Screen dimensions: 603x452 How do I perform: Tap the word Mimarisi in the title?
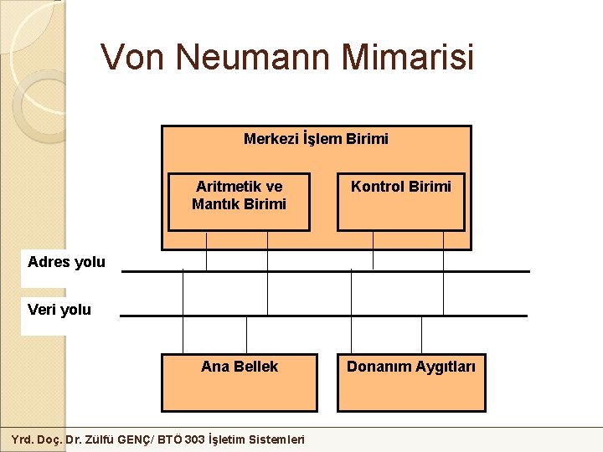409,57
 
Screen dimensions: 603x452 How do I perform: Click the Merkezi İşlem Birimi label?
316,139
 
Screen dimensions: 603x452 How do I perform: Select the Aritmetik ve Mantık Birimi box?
239,202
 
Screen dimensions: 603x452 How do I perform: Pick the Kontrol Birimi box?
400,202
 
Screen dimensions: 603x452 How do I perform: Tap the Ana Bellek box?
239,383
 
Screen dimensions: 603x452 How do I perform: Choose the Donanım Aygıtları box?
411,383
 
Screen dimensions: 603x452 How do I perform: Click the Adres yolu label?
66,262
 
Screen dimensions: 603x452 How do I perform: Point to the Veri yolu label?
59,310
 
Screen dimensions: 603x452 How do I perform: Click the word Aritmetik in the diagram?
228,187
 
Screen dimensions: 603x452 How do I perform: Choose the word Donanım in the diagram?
378,367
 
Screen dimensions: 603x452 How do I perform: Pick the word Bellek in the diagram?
256,367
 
